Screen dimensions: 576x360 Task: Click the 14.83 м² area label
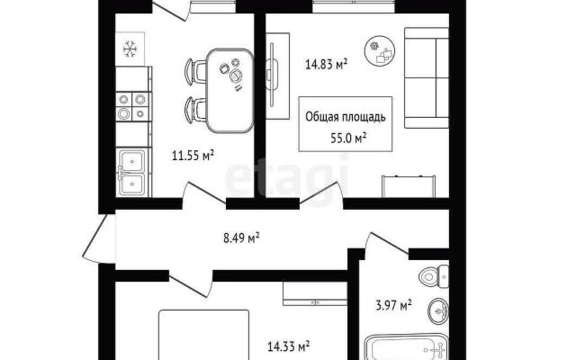click(326, 65)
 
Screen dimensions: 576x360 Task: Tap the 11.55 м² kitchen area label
click(193, 156)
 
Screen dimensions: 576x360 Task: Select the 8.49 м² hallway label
click(241, 238)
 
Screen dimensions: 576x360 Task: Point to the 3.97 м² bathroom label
click(393, 305)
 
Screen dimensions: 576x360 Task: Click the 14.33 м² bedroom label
click(288, 346)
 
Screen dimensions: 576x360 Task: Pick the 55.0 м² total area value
click(348, 138)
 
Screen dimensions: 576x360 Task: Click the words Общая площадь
click(346, 117)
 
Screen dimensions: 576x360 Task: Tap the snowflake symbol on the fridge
click(130, 49)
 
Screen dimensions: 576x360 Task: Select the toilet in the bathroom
click(434, 275)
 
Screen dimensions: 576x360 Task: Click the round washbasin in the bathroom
click(438, 310)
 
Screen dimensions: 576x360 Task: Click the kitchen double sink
click(133, 172)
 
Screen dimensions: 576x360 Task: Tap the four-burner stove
click(132, 106)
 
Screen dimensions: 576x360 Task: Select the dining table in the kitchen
click(230, 90)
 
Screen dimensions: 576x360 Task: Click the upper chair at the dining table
click(195, 72)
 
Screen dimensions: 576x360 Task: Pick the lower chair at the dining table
click(195, 110)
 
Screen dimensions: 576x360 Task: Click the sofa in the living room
click(427, 78)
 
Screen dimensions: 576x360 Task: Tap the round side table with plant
click(380, 51)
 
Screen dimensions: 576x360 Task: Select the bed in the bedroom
click(204, 335)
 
